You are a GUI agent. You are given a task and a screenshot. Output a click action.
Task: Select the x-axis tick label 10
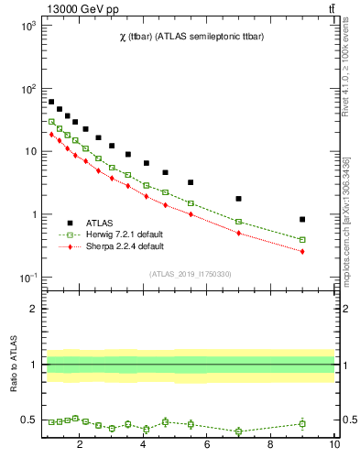tap(334, 446)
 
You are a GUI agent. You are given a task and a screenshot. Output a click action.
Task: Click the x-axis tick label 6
tap(207, 446)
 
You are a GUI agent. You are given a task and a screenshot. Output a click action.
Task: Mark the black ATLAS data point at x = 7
tap(238, 199)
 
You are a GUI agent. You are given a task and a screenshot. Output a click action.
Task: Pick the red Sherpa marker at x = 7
tap(238, 233)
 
